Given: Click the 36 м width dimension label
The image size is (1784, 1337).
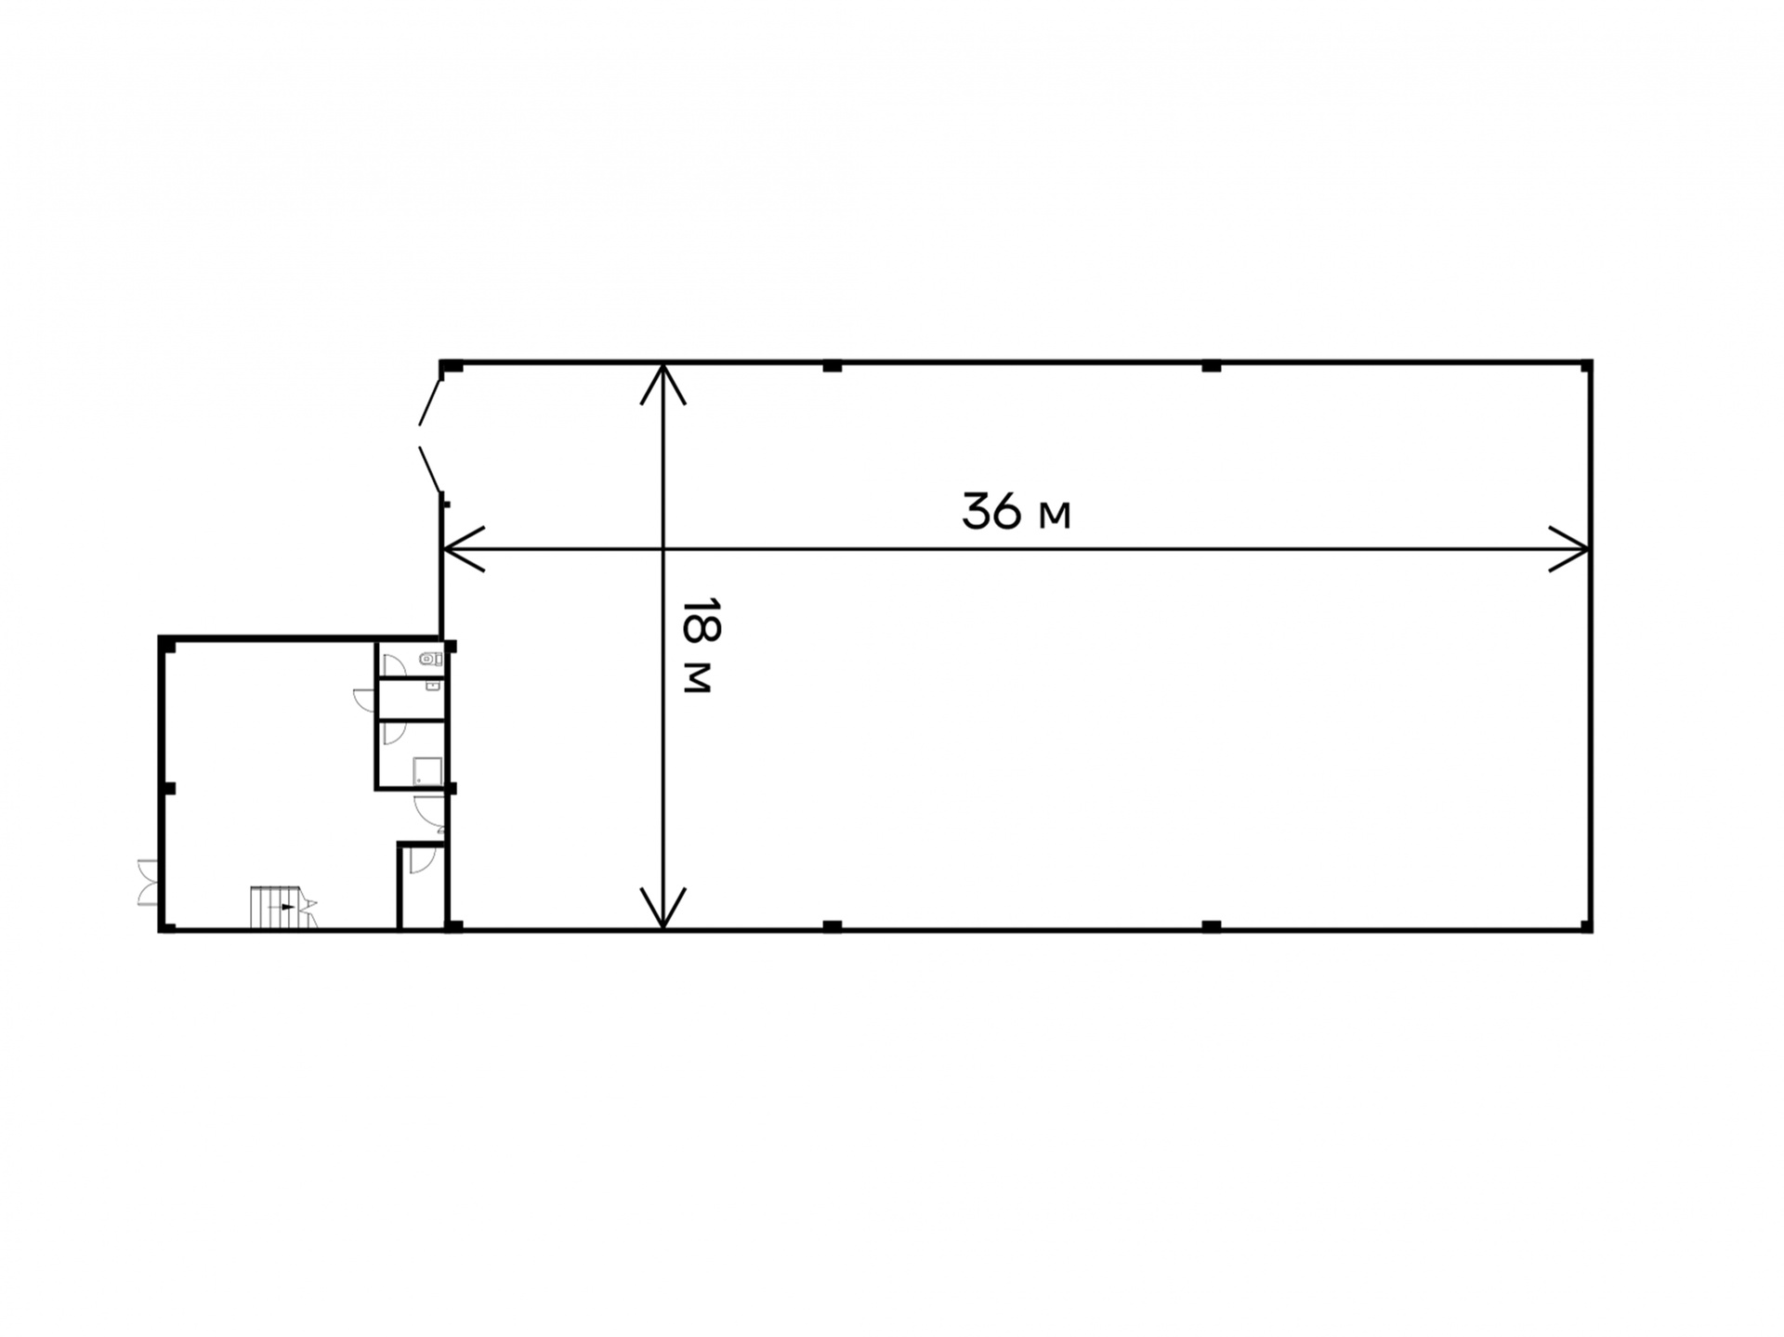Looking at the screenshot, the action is [x=1016, y=511].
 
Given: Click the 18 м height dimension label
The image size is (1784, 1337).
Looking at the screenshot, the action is [x=697, y=645].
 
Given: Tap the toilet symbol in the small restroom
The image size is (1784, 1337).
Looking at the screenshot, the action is [x=430, y=659].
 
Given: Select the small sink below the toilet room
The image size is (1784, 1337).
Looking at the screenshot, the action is [x=432, y=687].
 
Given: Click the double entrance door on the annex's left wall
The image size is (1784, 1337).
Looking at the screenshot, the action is [x=147, y=882].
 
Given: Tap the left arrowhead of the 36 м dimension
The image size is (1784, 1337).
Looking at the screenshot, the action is [x=464, y=549].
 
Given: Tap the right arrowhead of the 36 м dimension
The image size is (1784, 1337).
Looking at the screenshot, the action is [x=1569, y=549].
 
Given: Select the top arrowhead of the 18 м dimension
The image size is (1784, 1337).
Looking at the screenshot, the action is [x=662, y=385].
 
